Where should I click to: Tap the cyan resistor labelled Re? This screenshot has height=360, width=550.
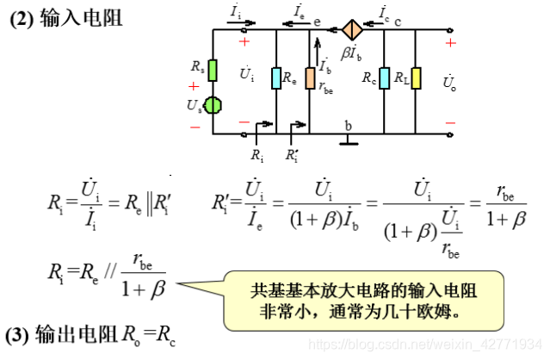point(275,78)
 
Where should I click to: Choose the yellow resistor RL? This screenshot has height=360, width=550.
point(416,78)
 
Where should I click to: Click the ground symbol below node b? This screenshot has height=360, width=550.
point(348,140)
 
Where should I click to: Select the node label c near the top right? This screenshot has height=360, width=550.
point(398,20)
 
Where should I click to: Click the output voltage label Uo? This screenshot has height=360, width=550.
point(449,83)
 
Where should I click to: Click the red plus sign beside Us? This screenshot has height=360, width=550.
point(193,86)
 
